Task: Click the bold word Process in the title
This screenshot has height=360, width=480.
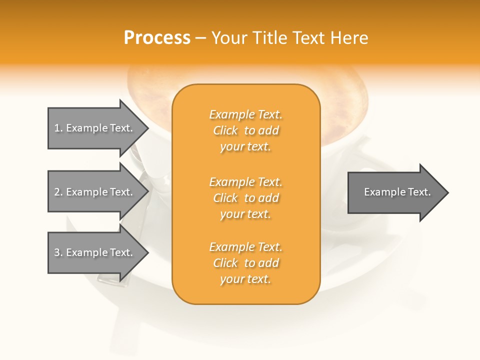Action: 157,38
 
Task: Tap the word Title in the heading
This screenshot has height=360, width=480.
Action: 268,38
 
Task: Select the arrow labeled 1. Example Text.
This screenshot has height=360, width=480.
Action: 95,128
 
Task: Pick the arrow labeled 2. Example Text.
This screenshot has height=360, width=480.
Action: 95,192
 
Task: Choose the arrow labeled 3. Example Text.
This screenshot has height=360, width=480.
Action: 95,252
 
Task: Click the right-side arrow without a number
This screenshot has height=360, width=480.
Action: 395,192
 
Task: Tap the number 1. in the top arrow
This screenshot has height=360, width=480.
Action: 58,128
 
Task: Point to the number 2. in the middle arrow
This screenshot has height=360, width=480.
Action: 58,192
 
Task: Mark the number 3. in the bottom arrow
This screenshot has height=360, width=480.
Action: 58,252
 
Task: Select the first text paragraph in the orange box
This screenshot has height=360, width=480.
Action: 246,130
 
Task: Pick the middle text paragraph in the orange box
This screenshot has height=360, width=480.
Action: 246,198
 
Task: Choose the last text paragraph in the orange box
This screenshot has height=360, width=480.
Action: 246,263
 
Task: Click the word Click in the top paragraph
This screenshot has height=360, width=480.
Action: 225,130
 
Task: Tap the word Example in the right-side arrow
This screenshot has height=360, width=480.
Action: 381,192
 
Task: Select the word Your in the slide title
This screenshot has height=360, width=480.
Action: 229,38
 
